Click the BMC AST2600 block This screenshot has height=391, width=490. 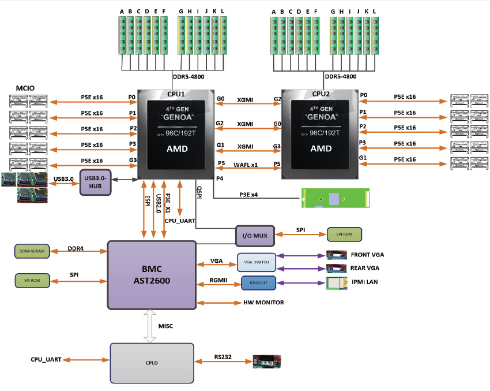click(x=151, y=275)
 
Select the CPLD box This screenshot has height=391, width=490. click(x=152, y=362)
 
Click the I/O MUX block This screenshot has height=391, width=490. click(x=252, y=234)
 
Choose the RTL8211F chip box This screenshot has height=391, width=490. click(x=256, y=282)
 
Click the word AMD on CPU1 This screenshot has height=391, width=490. click(x=176, y=148)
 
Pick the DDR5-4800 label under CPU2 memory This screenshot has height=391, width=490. click(x=341, y=76)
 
